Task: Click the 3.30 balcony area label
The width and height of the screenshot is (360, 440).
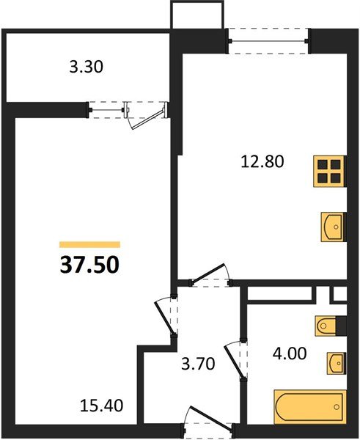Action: [87, 68]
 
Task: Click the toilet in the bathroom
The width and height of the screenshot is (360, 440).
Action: [329, 325]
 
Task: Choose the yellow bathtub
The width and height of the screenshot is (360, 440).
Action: [309, 406]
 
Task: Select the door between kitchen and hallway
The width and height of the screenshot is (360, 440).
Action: [210, 275]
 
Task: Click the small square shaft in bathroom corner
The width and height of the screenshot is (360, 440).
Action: [339, 293]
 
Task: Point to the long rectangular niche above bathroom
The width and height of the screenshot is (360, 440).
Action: [281, 293]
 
